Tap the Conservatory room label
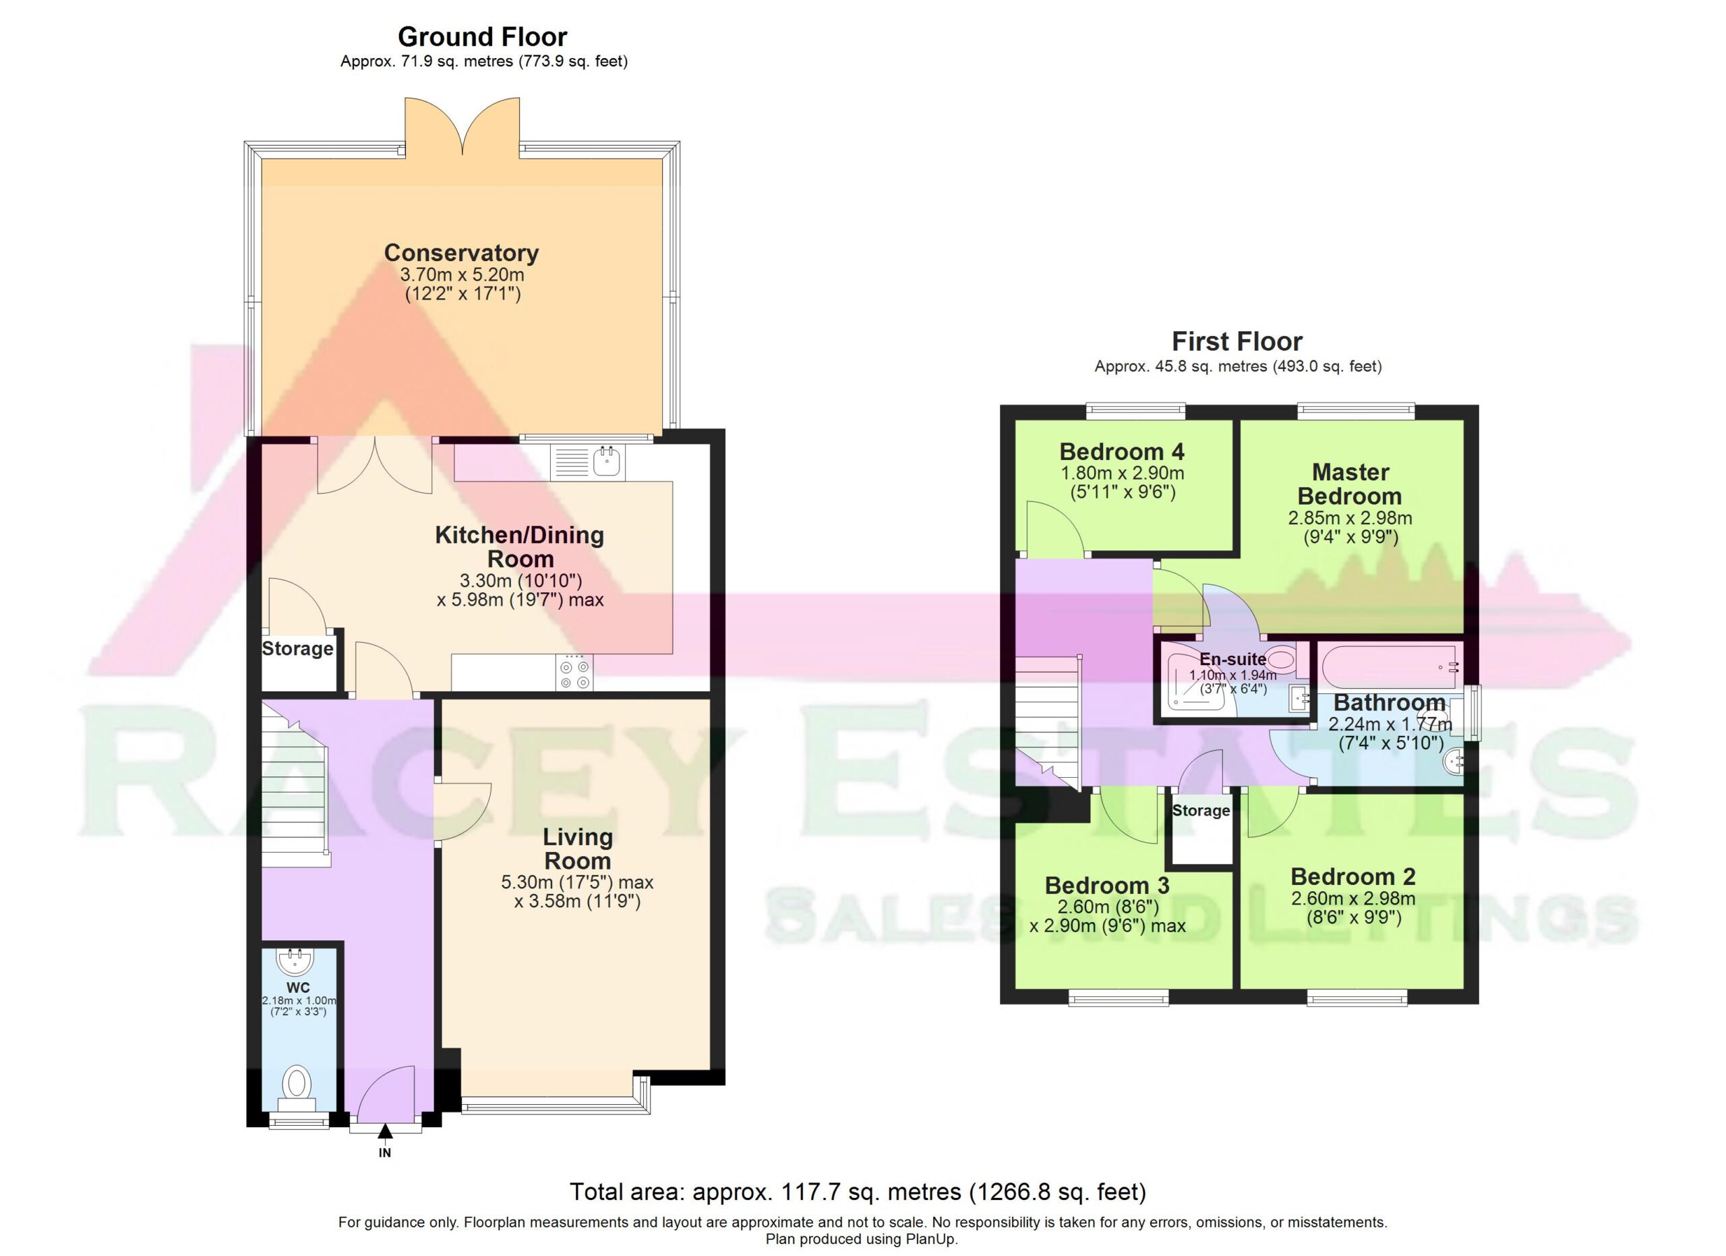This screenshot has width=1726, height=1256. (x=461, y=252)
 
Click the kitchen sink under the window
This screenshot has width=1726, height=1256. (x=607, y=461)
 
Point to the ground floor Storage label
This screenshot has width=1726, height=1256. (x=297, y=648)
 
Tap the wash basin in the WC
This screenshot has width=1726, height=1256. (x=295, y=961)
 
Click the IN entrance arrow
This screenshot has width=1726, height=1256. (x=385, y=1138)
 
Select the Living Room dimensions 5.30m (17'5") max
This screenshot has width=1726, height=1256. (x=577, y=882)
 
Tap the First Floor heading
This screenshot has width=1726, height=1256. (x=1237, y=341)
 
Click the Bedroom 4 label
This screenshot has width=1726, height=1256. (x=1122, y=451)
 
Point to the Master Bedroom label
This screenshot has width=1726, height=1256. (x=1350, y=484)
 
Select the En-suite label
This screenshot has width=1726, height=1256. (x=1233, y=659)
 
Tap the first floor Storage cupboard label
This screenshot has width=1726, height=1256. (x=1201, y=811)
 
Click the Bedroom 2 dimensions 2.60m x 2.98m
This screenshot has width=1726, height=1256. (x=1353, y=898)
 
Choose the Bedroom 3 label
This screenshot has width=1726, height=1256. (x=1106, y=885)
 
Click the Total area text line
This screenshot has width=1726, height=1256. (x=858, y=1191)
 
